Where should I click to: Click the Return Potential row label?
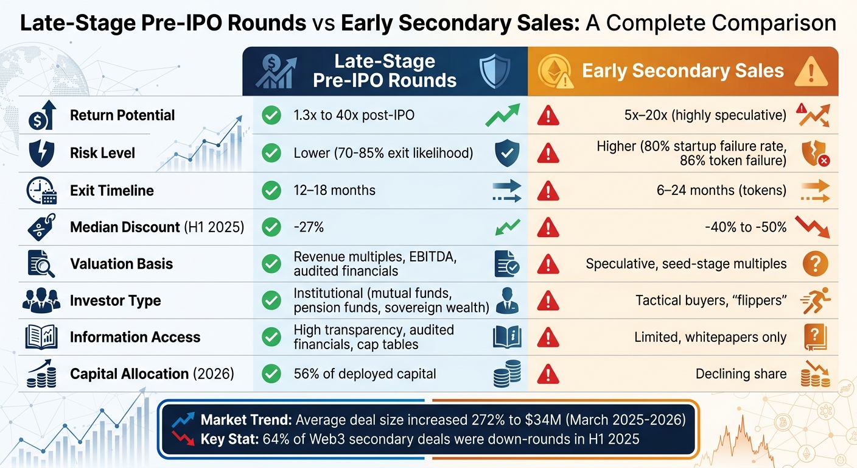122,115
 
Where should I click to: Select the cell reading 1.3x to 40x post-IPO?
354,115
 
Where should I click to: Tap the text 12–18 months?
334,191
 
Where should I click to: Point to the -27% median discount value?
309,227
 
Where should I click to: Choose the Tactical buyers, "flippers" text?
711,300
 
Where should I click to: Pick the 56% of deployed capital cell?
365,374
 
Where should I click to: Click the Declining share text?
741,374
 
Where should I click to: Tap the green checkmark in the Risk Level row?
270,153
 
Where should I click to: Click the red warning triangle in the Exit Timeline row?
548,191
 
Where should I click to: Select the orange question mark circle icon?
815,264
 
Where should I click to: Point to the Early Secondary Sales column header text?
683,71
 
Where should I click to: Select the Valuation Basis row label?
121,264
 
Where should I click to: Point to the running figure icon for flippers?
815,300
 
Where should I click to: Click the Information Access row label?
135,337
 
